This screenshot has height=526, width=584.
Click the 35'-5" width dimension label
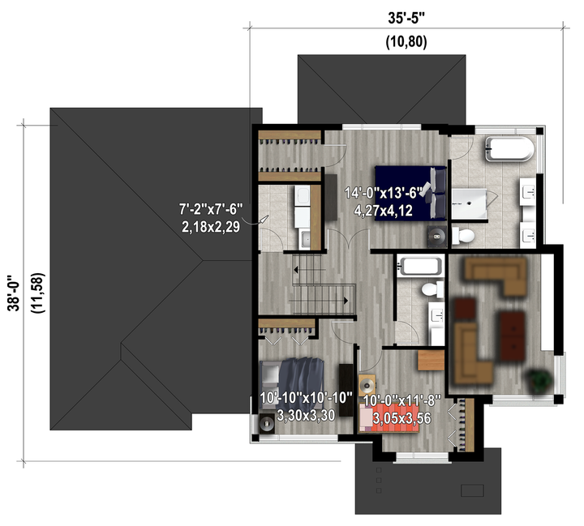[x=406, y=18]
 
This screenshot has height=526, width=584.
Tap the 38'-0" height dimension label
[x=15, y=293]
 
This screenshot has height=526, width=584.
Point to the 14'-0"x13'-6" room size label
[x=384, y=193]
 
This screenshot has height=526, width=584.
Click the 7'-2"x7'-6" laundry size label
[x=211, y=209]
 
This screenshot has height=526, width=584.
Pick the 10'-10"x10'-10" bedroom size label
[x=306, y=398]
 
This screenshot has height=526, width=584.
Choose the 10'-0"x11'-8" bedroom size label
[x=401, y=401]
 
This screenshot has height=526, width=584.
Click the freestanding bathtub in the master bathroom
[x=509, y=149]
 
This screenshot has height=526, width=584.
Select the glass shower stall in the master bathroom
[x=470, y=204]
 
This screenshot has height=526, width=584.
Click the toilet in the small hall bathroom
[x=432, y=289]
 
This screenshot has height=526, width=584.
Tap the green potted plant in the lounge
[x=539, y=380]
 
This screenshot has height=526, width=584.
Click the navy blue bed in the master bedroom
[x=410, y=193]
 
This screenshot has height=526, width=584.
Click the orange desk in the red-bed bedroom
[x=432, y=360]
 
